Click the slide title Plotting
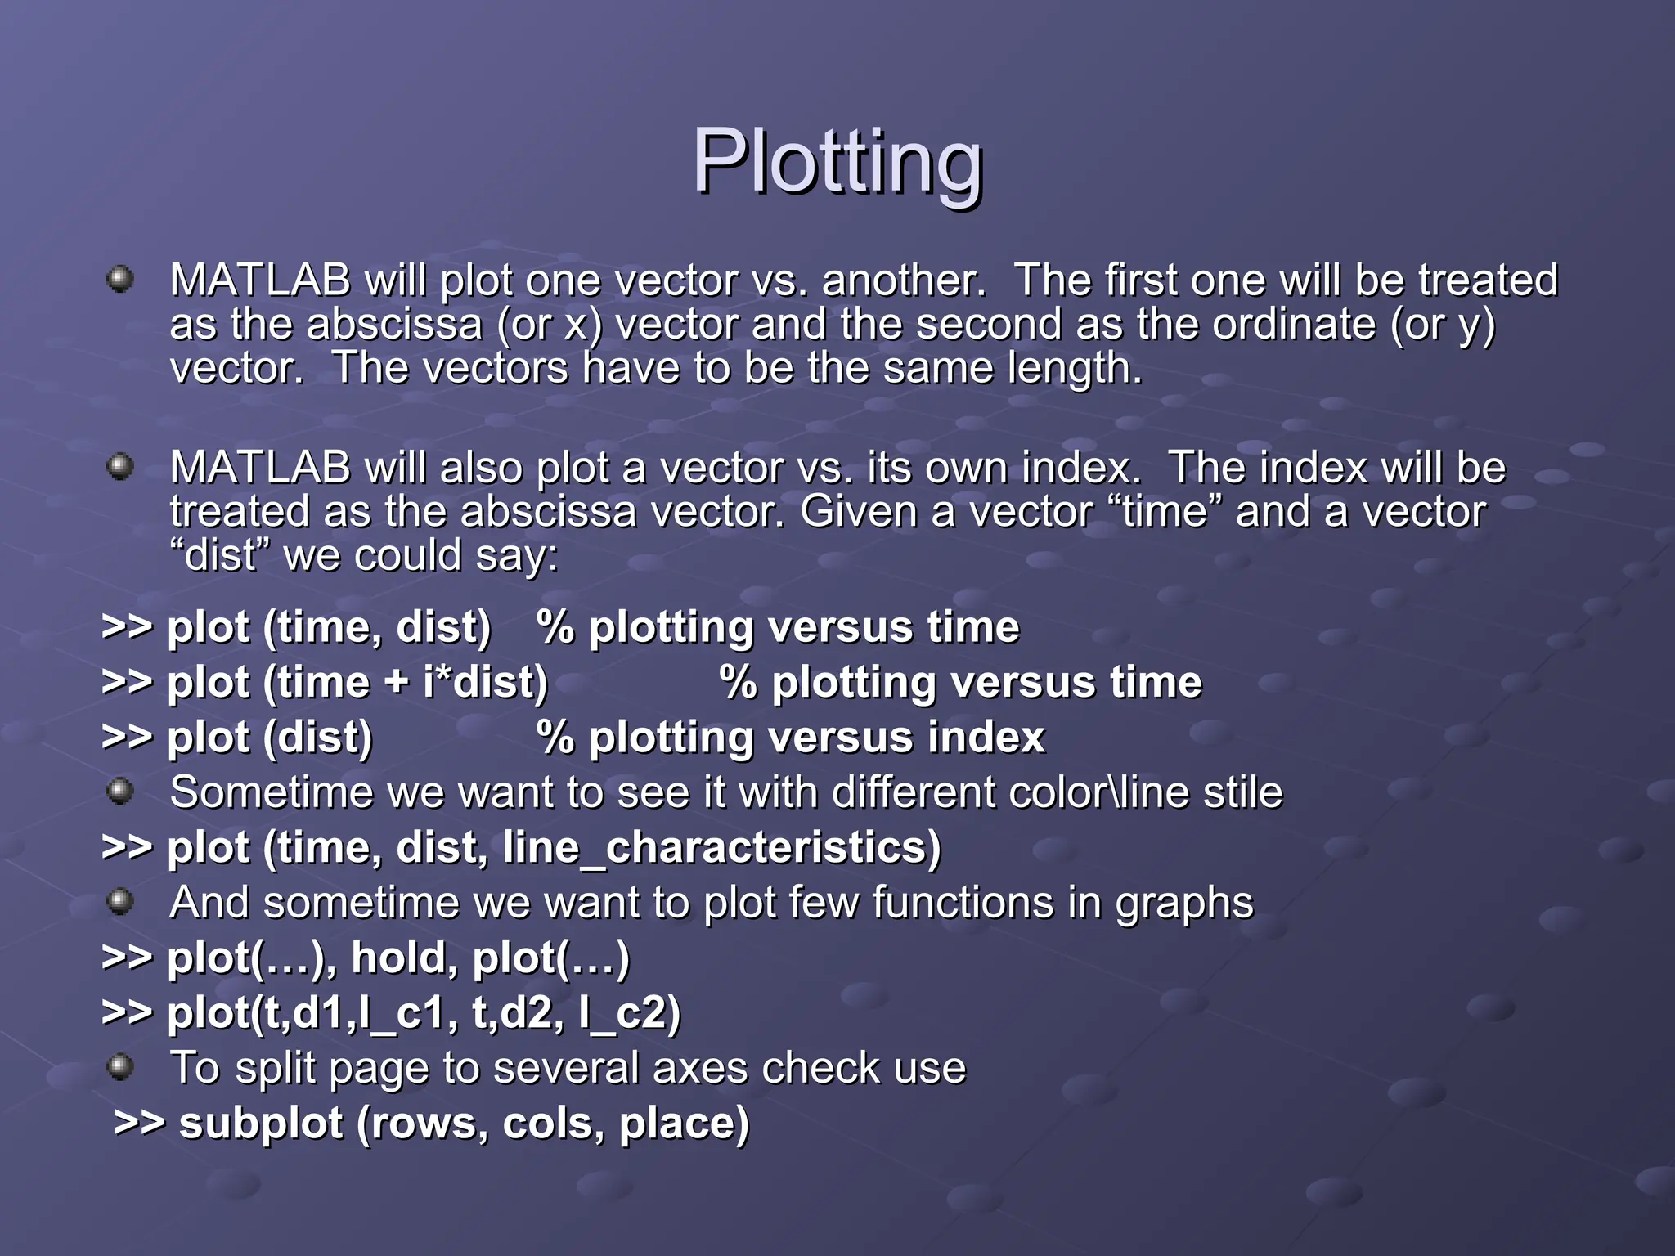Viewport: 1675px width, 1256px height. [837, 163]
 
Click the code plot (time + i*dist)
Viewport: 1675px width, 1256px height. [357, 683]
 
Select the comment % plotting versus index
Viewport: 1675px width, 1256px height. [790, 738]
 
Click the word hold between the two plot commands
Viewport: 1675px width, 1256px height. [397, 958]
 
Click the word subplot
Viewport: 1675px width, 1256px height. [260, 1124]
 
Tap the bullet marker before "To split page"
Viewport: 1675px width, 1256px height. [120, 1066]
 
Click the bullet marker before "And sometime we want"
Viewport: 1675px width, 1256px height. [120, 901]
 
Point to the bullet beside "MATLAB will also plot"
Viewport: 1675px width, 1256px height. [120, 467]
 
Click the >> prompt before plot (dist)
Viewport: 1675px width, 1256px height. [127, 738]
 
